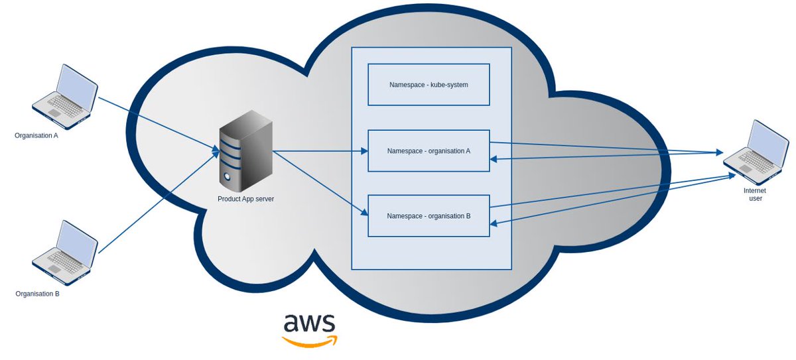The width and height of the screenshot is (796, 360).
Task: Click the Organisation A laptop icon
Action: coord(65,97)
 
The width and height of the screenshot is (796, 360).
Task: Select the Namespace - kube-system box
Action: coord(429,85)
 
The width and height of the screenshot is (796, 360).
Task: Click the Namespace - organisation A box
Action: coord(429,150)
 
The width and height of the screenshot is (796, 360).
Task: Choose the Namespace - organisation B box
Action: coord(429,216)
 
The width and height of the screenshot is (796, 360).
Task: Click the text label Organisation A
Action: coord(36,135)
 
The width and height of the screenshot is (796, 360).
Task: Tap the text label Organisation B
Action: coord(37,293)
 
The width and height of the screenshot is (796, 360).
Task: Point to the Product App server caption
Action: coord(245,199)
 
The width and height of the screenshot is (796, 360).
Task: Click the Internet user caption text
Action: coord(756,194)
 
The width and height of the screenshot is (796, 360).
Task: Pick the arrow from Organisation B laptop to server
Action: coord(159,202)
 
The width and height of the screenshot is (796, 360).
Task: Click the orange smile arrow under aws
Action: coord(310,341)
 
